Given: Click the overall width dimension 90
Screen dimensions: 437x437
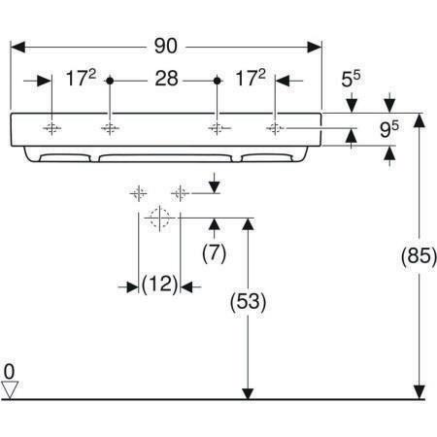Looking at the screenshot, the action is pyautogui.click(x=165, y=46).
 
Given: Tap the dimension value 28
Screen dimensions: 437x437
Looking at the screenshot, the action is pyautogui.click(x=166, y=79).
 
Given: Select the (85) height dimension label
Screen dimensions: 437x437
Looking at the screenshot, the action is pyautogui.click(x=419, y=255).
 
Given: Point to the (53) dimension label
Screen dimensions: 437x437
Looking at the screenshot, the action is pyautogui.click(x=248, y=302).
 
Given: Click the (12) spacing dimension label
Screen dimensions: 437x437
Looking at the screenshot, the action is pyautogui.click(x=160, y=285).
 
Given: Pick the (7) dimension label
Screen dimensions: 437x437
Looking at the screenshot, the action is pyautogui.click(x=214, y=252).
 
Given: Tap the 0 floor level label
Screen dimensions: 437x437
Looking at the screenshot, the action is pyautogui.click(x=9, y=371).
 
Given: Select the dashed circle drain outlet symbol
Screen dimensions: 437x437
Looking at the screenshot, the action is pyautogui.click(x=159, y=218).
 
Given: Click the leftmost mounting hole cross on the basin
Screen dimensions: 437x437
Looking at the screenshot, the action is pyautogui.click(x=51, y=128).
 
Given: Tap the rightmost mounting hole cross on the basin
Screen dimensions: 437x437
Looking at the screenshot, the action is pyautogui.click(x=275, y=128).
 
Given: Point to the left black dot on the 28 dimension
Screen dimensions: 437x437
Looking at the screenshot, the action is pyautogui.click(x=110, y=81).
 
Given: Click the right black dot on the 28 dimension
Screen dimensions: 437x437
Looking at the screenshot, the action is pyautogui.click(x=218, y=81).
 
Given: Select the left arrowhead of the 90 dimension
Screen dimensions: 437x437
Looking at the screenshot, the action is pyautogui.click(x=17, y=48).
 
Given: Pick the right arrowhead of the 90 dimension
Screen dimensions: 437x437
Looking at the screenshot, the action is pyautogui.click(x=314, y=48).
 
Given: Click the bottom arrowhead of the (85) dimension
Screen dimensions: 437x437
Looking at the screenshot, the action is pyautogui.click(x=420, y=392).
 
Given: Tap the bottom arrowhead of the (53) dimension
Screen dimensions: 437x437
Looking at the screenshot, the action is pyautogui.click(x=248, y=392).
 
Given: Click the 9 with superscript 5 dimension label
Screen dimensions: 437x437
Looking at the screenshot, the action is pyautogui.click(x=388, y=129).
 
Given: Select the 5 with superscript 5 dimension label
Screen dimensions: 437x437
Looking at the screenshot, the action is pyautogui.click(x=351, y=79).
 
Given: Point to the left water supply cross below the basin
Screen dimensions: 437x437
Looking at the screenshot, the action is pyautogui.click(x=139, y=194).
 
